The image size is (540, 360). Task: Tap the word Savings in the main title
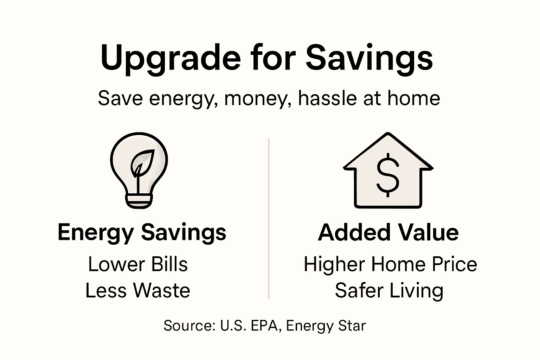(369, 58)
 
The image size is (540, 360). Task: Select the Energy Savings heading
(142, 232)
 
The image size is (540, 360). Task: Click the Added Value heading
(388, 232)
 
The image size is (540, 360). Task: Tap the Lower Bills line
(138, 264)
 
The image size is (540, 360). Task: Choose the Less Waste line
(138, 291)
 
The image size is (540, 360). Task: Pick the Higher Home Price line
(390, 264)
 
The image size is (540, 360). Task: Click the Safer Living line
(389, 291)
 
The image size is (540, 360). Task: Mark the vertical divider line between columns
(269, 218)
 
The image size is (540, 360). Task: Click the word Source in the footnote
(189, 326)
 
